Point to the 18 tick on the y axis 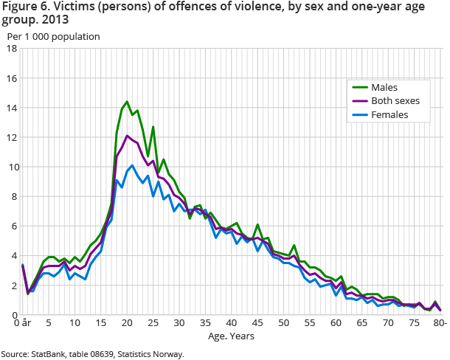click(12, 49)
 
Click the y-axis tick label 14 click(12, 108)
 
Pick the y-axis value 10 click(12, 167)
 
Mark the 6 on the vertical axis click(15, 226)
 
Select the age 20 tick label click(127, 323)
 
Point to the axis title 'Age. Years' click(232, 336)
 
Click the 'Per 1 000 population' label click(53, 35)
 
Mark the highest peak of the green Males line click(127, 102)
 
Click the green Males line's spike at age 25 click(153, 127)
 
